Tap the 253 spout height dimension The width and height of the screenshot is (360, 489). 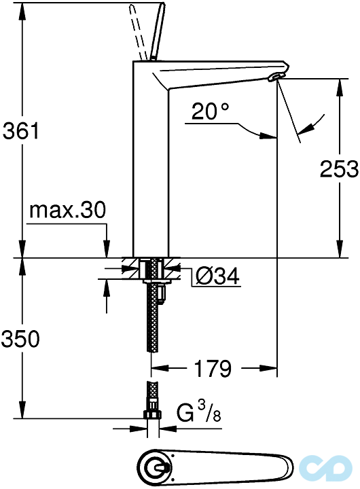click(x=338, y=168)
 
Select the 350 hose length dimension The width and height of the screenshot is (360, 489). click(x=20, y=338)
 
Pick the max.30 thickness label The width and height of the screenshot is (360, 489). click(x=67, y=211)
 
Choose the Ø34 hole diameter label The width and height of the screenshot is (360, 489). click(x=217, y=276)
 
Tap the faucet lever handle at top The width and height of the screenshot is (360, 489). click(x=153, y=31)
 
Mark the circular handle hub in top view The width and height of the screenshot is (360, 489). click(x=156, y=468)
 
